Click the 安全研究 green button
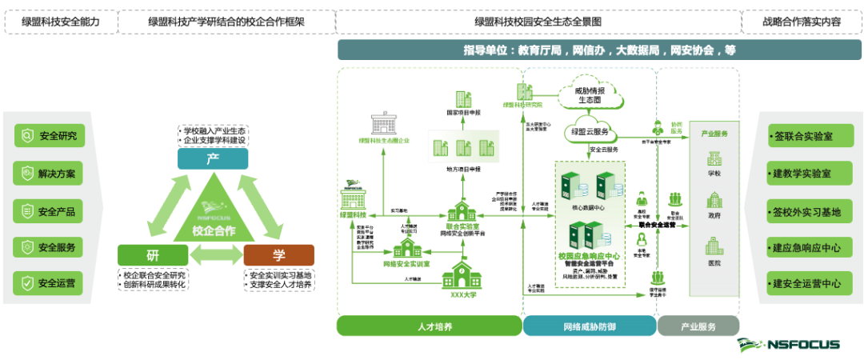point(50,136)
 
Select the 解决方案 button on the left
point(50,173)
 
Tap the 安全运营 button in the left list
point(50,282)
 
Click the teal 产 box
point(212,158)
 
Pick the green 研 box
point(153,255)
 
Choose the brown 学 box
point(278,255)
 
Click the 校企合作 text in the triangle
point(214,231)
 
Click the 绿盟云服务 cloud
point(591,131)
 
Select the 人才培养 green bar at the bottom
point(429,326)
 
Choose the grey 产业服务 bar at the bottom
point(698,326)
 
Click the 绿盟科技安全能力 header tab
point(61,22)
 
